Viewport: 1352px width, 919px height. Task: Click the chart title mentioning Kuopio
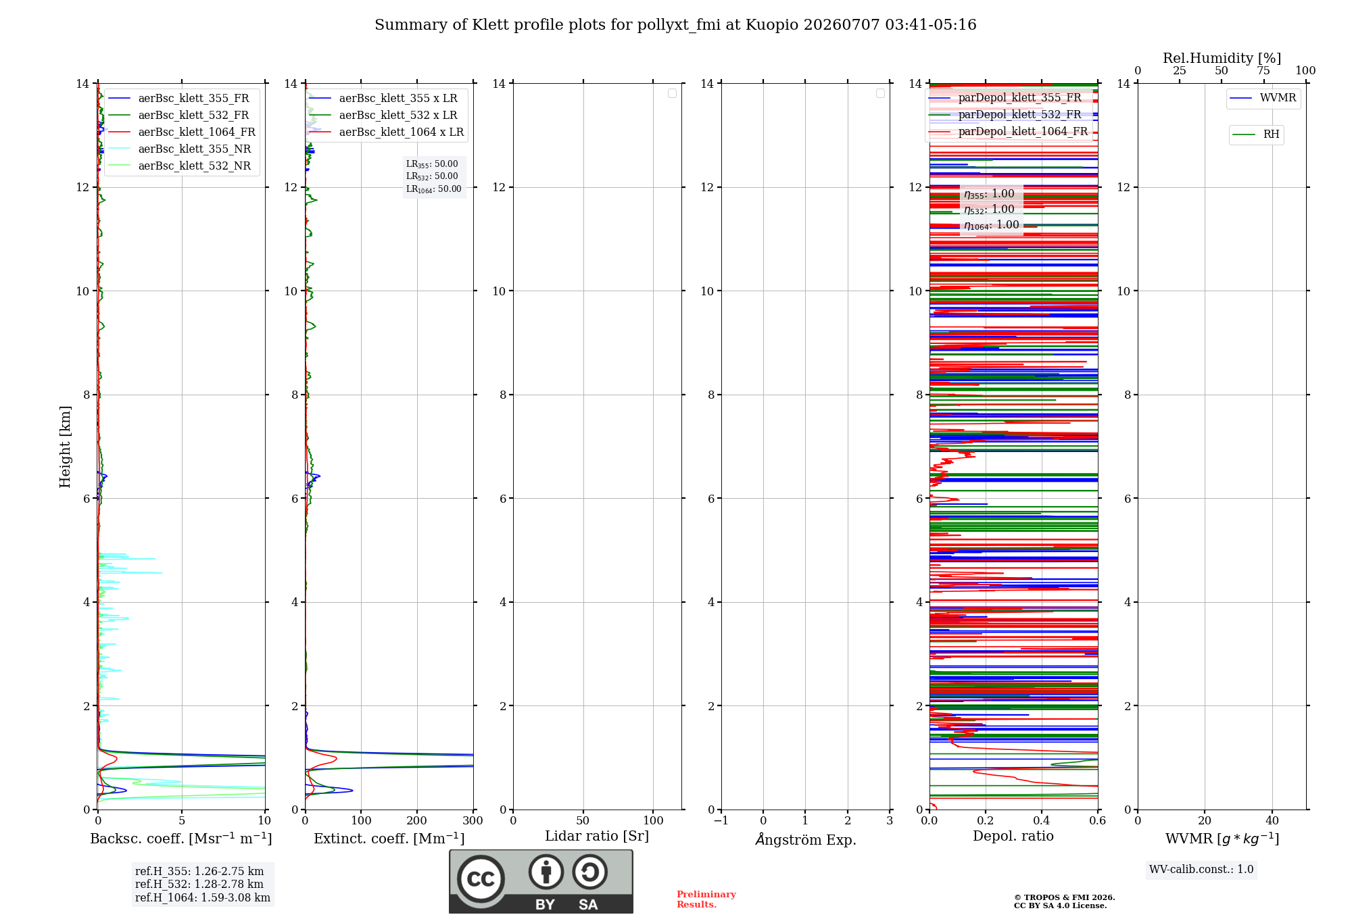click(675, 25)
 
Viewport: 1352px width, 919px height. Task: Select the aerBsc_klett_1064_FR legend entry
click(182, 132)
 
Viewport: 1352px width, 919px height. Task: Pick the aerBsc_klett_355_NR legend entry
click(180, 149)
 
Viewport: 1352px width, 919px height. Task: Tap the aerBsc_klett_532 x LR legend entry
click(383, 116)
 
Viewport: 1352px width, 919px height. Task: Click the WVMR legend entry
click(1263, 98)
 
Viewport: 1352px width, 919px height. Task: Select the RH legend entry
click(1256, 134)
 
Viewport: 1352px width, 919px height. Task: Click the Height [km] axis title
click(65, 447)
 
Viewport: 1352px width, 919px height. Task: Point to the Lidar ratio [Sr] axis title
click(597, 837)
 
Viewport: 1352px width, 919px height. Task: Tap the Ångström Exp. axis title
click(806, 839)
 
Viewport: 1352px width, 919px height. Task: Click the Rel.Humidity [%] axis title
click(1222, 58)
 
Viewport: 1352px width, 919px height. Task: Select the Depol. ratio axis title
click(1013, 836)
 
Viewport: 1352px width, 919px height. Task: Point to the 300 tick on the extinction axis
click(473, 820)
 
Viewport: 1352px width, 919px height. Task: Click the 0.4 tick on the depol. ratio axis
click(1042, 820)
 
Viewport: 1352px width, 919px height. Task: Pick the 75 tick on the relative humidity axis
click(1263, 71)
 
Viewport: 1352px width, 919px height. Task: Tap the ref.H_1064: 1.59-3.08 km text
click(203, 898)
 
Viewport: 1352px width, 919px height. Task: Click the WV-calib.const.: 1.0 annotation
click(1201, 870)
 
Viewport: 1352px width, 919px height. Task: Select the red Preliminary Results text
click(706, 899)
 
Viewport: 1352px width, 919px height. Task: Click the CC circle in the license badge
click(481, 879)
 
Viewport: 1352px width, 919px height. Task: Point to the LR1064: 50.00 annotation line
click(434, 189)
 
